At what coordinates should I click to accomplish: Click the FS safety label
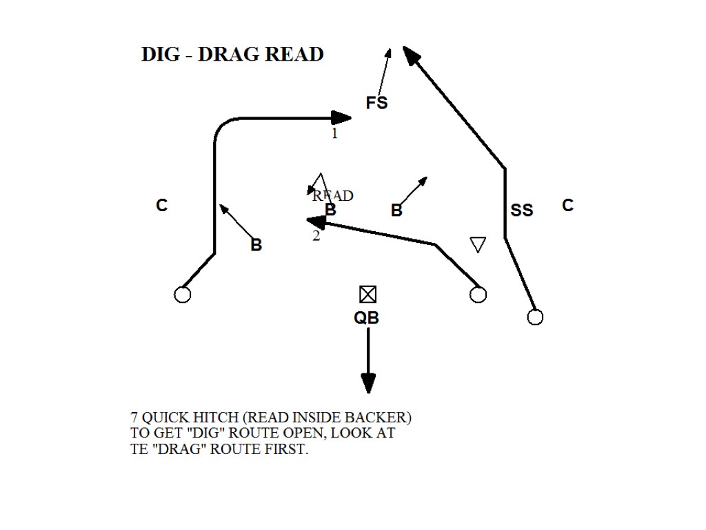[x=376, y=103]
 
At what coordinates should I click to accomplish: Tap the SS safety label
[x=522, y=210]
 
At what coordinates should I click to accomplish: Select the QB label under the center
[x=366, y=317]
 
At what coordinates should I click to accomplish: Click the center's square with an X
[x=367, y=295]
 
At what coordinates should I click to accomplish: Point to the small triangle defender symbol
[x=478, y=244]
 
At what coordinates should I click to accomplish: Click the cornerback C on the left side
[x=161, y=206]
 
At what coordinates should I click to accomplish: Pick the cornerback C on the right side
[x=567, y=206]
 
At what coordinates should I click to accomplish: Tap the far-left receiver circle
[x=182, y=295]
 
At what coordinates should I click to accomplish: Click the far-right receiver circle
[x=535, y=317]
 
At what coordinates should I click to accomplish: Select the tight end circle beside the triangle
[x=478, y=295]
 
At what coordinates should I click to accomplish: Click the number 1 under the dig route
[x=335, y=134]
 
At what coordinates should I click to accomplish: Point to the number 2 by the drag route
[x=316, y=236]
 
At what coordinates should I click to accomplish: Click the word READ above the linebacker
[x=334, y=196]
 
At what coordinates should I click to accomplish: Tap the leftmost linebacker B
[x=256, y=245]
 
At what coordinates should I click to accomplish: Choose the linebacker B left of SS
[x=396, y=210]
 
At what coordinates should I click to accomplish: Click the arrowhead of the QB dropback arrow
[x=368, y=383]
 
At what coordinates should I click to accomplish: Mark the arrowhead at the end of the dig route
[x=342, y=117]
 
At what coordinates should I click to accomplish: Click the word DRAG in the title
[x=228, y=55]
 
